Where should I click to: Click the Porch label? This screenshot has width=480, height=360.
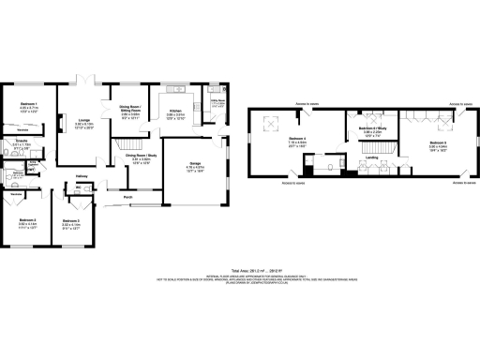[127, 198]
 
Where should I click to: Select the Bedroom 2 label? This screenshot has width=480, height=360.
[27, 221]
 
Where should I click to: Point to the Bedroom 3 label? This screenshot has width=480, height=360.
[70, 221]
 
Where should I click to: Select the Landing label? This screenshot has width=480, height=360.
[371, 157]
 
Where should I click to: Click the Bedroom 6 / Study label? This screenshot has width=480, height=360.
[373, 127]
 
